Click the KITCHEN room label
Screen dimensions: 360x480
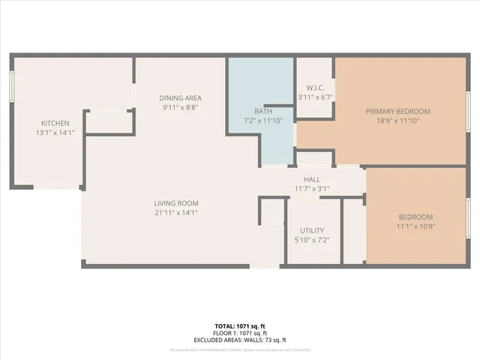55,124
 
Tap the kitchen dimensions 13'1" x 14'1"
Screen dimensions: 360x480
55,133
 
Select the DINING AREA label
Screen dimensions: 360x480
181,98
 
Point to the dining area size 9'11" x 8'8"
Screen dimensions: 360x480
181,108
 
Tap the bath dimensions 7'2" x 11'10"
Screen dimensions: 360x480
262,121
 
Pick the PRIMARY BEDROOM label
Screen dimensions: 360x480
397,111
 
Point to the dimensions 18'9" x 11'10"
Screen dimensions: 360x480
397,121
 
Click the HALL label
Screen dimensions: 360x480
313,179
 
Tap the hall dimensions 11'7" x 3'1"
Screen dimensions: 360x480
313,189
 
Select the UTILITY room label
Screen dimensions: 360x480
311,230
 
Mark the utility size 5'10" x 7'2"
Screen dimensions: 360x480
311,240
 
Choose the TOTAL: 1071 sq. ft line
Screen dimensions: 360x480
240,326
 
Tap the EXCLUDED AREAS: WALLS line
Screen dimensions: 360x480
240,340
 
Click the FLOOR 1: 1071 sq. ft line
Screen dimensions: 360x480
240,333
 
